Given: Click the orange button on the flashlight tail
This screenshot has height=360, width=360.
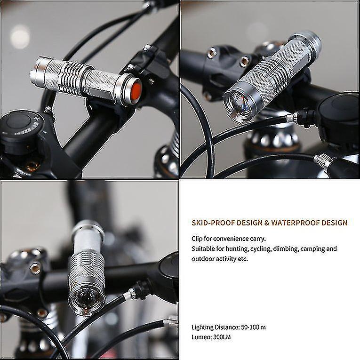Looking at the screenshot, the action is pos(135,92).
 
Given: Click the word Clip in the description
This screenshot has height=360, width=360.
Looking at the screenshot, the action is pos(197,239).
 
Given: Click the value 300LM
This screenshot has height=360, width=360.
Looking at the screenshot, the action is pos(222,337).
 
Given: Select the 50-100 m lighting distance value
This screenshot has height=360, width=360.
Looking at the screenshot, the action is pos(254,327).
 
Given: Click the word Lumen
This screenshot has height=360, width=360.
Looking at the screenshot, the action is pos(201,337).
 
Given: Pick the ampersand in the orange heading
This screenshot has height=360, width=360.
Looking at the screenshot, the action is pos(266,223).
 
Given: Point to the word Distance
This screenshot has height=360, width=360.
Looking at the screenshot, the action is pos(227,327).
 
